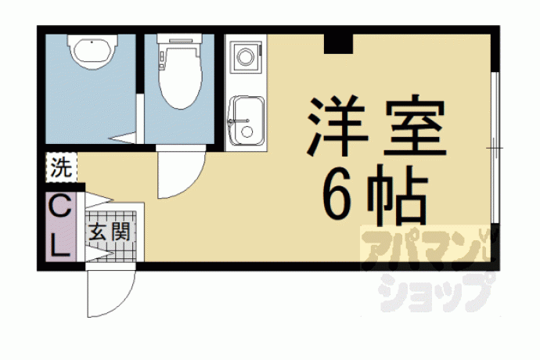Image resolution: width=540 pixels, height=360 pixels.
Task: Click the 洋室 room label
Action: coord(376,125)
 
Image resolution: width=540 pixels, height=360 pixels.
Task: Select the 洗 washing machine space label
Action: coord(62,167)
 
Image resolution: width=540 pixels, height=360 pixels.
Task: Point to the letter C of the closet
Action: coord(60,206)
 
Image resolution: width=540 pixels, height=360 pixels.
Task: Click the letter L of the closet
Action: coord(60,247)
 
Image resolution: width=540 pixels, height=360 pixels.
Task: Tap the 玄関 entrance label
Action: coord(109,232)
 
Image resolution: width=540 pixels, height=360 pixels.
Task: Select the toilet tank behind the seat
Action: coord(179,38)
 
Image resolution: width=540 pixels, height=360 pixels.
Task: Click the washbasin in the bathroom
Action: coord(92,52)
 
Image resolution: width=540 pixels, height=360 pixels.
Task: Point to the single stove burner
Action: coord(245,56)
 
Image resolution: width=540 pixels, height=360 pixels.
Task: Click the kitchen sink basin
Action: coord(247,121)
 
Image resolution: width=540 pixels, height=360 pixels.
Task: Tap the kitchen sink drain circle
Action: coord(247,132)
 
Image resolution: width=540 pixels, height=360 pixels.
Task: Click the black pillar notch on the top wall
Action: coord(339,44)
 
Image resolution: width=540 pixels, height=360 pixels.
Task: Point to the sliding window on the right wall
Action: coord(495,148)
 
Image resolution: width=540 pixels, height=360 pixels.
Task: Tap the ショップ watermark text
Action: coord(436,292)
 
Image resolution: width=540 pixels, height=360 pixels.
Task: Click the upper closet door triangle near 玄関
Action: coord(99,200)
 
